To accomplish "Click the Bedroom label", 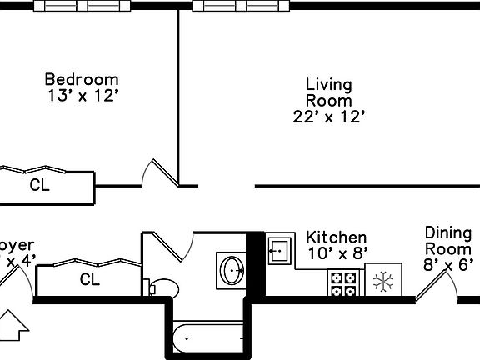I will [x=81, y=80].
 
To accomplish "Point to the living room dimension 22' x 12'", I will [x=329, y=117].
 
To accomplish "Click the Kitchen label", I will [x=336, y=237].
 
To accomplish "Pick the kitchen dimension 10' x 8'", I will [x=337, y=253].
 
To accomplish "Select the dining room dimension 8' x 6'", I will [x=448, y=265].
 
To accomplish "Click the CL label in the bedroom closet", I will [x=39, y=185].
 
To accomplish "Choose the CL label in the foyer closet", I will [x=89, y=280].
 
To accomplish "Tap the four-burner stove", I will [x=342, y=282].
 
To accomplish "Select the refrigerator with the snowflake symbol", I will [x=383, y=282].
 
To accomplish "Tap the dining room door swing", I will [x=435, y=282].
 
